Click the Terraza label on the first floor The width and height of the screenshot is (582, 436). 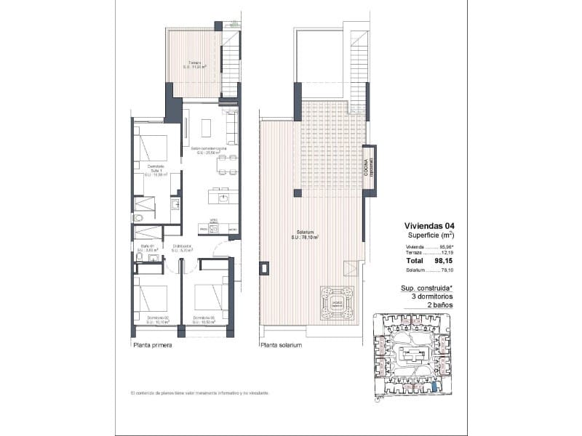(x=195, y=65)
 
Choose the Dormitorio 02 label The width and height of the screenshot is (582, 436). (x=157, y=318)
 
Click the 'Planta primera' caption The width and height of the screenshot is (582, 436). (x=152, y=345)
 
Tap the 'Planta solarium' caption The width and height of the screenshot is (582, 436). (x=281, y=345)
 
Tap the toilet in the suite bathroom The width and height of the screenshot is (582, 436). (x=137, y=217)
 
